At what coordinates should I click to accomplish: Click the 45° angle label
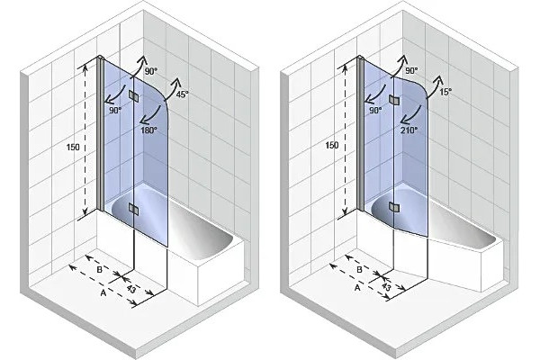182,94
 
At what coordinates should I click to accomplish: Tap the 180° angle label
148,130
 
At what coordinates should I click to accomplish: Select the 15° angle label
445,92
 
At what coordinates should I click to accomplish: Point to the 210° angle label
409,130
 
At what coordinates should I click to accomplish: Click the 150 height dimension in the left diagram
73,147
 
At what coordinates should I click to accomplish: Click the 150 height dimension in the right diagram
332,145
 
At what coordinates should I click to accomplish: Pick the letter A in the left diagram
103,292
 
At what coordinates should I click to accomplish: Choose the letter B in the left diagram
100,270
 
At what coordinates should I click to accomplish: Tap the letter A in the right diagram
357,287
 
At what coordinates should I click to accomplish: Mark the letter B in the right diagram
359,269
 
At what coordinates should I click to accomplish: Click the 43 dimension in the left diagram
130,289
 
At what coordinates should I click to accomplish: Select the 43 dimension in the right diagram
386,286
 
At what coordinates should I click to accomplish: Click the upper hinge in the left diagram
133,96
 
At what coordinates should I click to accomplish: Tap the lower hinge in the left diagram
133,208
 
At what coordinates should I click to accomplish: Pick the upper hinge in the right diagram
393,100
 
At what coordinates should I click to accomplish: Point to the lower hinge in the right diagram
393,207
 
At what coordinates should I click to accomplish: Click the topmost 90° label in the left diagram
151,71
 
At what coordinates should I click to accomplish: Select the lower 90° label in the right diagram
375,110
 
